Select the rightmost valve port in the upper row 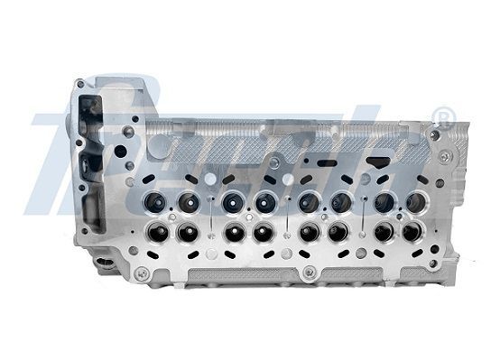416,200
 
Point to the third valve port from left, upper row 231,200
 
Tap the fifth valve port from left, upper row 307,200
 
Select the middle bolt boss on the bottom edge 308,272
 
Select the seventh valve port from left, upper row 384,200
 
